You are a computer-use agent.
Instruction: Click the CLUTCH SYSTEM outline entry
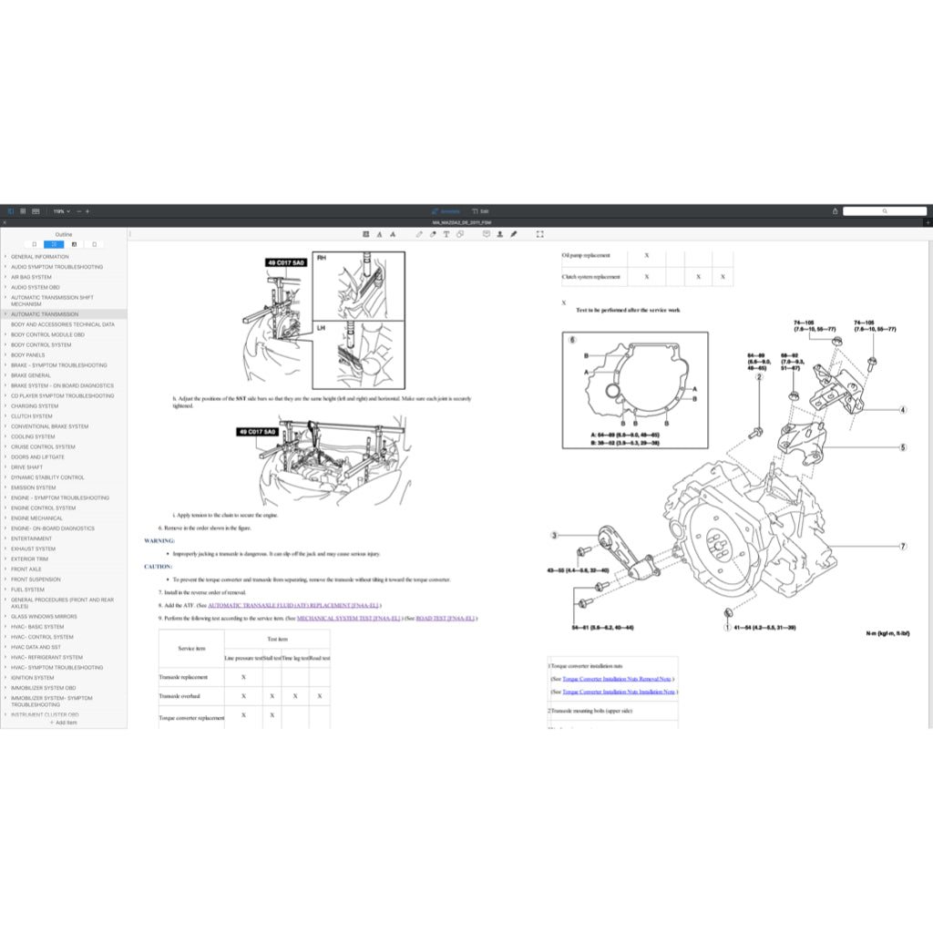tap(31, 416)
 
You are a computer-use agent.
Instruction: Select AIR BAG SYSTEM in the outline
tap(31, 277)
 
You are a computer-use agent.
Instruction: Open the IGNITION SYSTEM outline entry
tap(32, 678)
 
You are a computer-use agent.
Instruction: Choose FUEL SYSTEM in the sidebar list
tap(27, 590)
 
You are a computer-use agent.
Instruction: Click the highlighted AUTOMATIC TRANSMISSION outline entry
tap(45, 314)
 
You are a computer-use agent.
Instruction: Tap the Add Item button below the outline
tap(64, 723)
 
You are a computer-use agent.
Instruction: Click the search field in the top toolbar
tap(884, 211)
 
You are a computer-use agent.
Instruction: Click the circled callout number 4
tap(903, 410)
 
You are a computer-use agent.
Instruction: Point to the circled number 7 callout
tap(903, 547)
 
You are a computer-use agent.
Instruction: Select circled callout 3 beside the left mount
tap(554, 536)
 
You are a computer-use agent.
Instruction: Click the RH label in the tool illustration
tap(322, 259)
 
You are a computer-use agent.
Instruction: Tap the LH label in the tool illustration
tap(322, 326)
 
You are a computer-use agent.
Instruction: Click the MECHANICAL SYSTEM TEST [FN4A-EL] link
tap(349, 618)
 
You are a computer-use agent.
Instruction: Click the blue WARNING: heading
tap(159, 540)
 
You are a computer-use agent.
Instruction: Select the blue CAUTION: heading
tap(159, 566)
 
